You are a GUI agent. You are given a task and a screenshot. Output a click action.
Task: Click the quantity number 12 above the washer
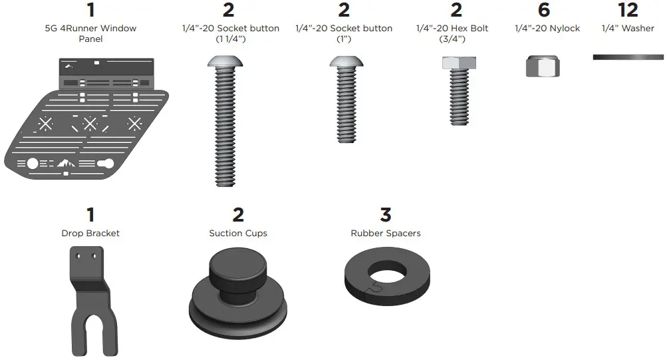tap(628, 10)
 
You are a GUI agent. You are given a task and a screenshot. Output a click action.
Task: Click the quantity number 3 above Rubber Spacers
tap(386, 215)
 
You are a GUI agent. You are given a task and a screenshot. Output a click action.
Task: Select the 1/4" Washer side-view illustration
tap(628, 58)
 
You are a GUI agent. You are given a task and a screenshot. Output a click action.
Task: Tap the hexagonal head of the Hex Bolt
tap(456, 64)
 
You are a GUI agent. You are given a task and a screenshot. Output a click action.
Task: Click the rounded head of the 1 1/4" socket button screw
tap(225, 63)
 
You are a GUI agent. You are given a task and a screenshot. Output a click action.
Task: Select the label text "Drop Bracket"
tap(90, 234)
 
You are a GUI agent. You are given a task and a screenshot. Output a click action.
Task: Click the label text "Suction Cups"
tap(238, 234)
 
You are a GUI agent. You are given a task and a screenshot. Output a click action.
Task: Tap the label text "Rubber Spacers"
tap(386, 234)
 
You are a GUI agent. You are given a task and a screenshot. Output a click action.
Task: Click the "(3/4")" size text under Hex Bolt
tap(452, 39)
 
